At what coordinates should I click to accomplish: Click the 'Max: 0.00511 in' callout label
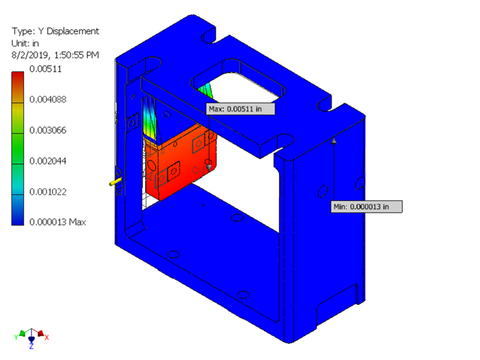(x=240, y=109)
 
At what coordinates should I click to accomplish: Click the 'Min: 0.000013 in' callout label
(x=367, y=207)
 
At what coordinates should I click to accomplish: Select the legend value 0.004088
(x=47, y=99)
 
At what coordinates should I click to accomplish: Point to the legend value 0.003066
(x=47, y=130)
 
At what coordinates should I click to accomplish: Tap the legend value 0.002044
(x=47, y=160)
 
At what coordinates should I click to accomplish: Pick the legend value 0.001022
(x=47, y=192)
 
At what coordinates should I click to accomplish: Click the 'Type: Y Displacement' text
(x=55, y=31)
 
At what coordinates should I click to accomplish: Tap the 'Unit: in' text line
(x=28, y=43)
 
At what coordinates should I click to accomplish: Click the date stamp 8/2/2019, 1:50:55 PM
(x=55, y=55)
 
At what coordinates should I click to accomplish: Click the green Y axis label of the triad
(x=17, y=337)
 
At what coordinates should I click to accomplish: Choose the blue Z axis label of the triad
(x=31, y=347)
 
